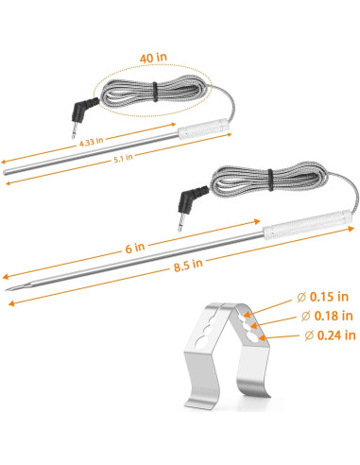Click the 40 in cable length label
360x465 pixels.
(153, 58)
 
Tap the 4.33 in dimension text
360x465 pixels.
(91, 142)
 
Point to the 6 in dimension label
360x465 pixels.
(135, 248)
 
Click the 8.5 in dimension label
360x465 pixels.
(188, 265)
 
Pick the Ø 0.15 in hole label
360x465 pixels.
(323, 297)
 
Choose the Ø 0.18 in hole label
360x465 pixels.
(327, 316)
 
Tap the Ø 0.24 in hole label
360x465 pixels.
(330, 336)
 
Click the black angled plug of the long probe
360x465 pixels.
(191, 199)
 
